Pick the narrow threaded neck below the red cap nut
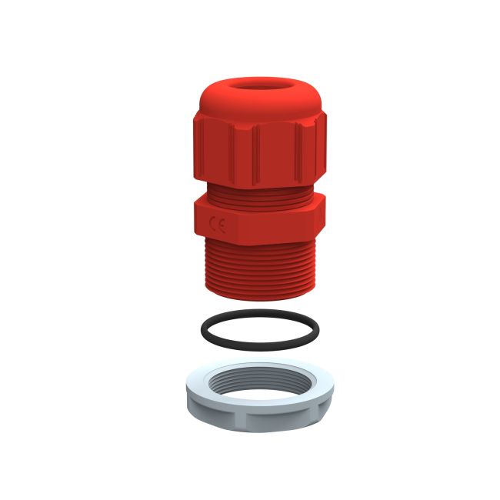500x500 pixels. (258, 193)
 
